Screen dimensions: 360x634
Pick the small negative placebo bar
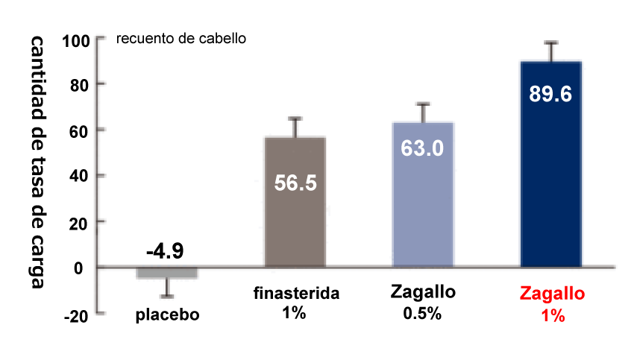167,273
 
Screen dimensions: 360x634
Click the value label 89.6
550,95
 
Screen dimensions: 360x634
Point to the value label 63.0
423,148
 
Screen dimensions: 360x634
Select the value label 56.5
295,183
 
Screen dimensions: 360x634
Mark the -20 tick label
75,315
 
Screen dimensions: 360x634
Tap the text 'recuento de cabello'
181,37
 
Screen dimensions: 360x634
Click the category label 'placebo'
168,314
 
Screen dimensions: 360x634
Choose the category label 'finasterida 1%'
295,302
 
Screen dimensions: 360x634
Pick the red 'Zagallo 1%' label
550,304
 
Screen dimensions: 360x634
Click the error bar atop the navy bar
551,51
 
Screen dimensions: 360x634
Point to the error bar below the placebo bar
167,288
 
